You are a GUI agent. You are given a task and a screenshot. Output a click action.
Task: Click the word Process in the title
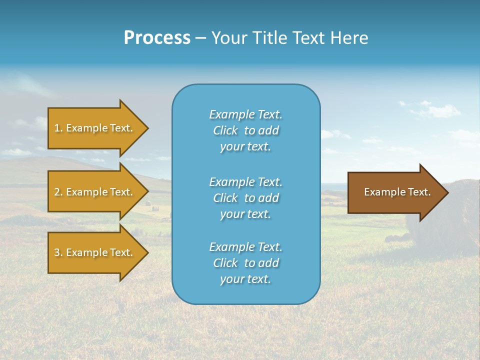(x=157, y=38)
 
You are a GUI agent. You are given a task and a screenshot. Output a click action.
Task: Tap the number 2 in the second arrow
(x=57, y=192)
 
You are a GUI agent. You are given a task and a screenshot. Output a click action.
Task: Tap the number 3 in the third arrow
(x=57, y=252)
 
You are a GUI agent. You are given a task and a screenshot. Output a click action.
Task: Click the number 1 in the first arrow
(x=57, y=128)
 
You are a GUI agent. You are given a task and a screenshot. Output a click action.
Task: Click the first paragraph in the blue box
(x=245, y=130)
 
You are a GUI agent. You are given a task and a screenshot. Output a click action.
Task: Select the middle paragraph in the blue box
(x=245, y=198)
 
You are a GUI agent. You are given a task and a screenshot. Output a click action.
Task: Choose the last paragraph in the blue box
(x=245, y=263)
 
